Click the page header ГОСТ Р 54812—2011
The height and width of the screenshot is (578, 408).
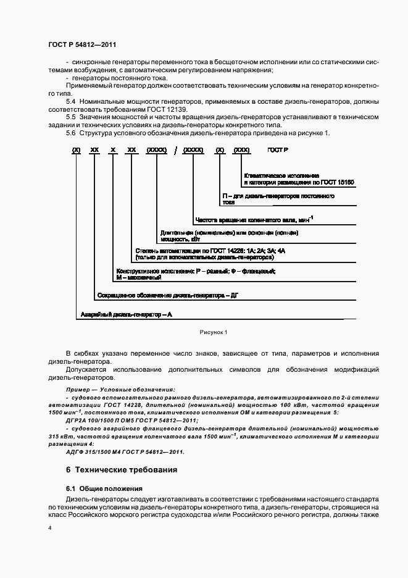81,45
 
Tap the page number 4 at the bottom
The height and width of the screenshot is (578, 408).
50,529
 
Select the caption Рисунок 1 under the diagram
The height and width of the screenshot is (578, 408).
214,332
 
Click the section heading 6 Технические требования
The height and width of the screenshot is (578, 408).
122,470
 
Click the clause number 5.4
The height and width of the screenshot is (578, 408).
70,100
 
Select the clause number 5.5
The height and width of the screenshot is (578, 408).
70,116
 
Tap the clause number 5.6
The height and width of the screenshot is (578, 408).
70,133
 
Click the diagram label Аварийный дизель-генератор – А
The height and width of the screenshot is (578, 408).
127,314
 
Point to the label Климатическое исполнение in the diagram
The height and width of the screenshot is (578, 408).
281,176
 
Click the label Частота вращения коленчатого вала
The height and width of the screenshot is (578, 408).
253,219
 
